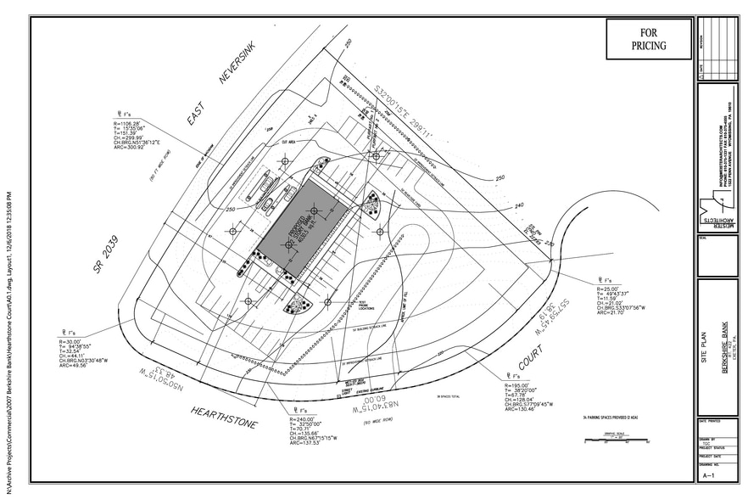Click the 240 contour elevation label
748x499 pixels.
coord(520,205)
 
